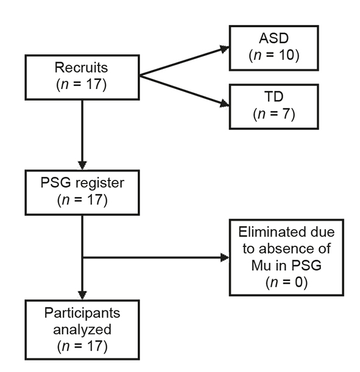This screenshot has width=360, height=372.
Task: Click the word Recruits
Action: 82,68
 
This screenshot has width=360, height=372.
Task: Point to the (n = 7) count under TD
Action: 273,114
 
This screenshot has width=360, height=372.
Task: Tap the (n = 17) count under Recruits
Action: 82,84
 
